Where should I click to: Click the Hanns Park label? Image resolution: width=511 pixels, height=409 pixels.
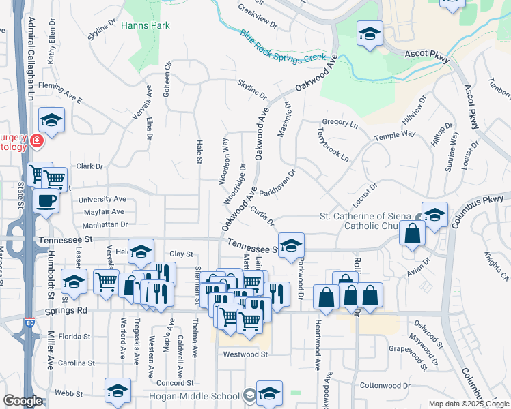(x=145, y=26)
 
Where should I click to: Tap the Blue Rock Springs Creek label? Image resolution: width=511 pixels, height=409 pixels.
(x=283, y=46)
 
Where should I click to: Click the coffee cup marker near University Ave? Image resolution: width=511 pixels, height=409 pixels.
(x=46, y=201)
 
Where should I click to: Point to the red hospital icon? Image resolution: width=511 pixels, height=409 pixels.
(x=37, y=142)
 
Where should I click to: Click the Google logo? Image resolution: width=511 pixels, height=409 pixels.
(x=23, y=401)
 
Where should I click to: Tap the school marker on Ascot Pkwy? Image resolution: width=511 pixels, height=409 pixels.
(x=370, y=33)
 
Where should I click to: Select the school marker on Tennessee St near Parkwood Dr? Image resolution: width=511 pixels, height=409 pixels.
(x=291, y=245)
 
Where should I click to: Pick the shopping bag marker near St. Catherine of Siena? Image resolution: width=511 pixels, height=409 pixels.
(x=413, y=233)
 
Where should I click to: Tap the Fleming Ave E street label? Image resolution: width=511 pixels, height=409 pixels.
(x=59, y=93)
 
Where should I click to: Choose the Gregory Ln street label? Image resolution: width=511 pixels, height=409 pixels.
(x=340, y=123)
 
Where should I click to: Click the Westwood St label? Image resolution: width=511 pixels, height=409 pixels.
(x=245, y=354)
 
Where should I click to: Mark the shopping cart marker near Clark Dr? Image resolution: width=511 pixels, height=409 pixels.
(x=55, y=179)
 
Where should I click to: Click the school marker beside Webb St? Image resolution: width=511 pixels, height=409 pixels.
(x=118, y=391)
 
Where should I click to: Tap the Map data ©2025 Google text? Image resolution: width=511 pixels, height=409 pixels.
(x=468, y=404)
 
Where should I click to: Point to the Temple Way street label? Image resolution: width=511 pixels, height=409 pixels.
(x=394, y=136)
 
